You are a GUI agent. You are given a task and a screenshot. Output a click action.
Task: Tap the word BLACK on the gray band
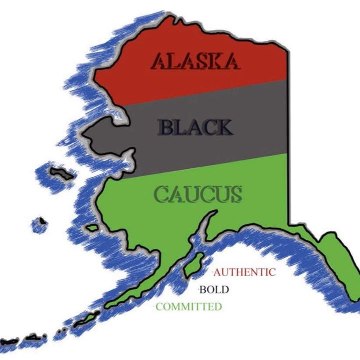pyautogui.click(x=195, y=127)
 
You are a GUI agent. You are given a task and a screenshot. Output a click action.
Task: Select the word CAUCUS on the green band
pyautogui.click(x=198, y=194)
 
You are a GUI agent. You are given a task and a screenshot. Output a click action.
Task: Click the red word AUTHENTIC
pyautogui.click(x=244, y=272)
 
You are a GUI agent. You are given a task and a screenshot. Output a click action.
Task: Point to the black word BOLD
pyautogui.click(x=213, y=290)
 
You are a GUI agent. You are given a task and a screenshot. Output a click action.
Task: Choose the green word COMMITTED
pyautogui.click(x=188, y=307)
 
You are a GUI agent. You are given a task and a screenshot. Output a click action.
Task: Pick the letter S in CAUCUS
pyautogui.click(x=235, y=194)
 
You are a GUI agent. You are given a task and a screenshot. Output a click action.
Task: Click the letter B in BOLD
pyautogui.click(x=203, y=290)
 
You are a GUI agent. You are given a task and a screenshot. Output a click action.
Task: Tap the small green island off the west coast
pyautogui.click(x=92, y=227)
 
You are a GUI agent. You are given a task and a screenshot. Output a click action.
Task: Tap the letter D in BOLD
pyautogui.click(x=224, y=290)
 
